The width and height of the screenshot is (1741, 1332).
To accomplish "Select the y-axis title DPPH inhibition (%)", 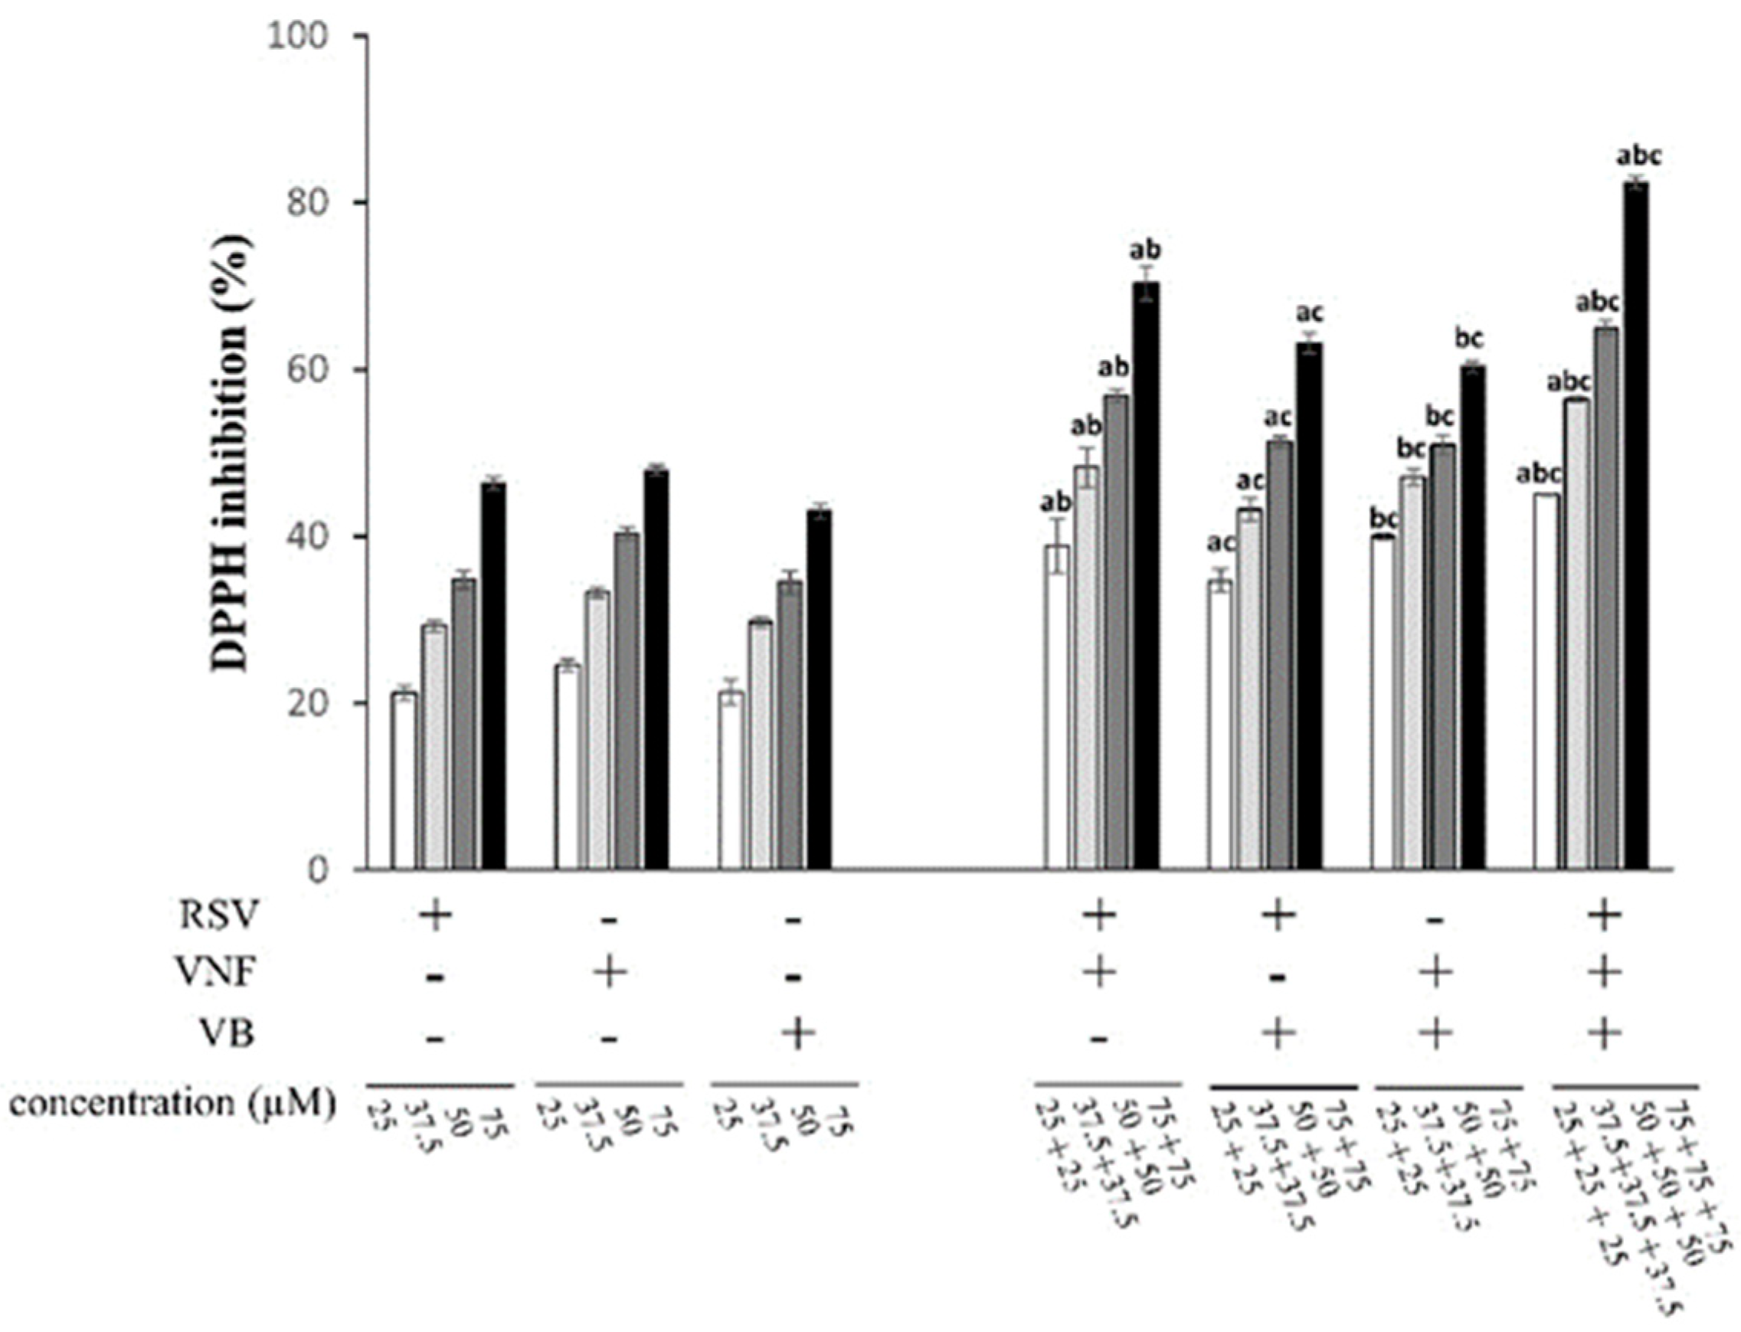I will click(231, 453).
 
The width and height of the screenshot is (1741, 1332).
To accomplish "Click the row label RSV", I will click(219, 916).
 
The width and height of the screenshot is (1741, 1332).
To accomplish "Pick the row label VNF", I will click(218, 972).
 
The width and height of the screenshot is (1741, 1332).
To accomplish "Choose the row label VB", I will click(227, 1033).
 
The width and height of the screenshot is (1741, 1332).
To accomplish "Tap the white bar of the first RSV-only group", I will click(404, 781).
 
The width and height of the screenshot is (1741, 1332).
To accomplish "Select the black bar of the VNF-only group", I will click(656, 670).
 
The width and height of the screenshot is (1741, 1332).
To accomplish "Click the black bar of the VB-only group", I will click(819, 690).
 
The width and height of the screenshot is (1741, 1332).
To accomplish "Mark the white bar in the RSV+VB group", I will click(1220, 725).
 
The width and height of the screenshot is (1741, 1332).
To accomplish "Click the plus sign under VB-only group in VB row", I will click(798, 1033).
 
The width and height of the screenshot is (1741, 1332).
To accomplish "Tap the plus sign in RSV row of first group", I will click(435, 916).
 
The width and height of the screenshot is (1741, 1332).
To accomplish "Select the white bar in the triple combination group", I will click(1545, 682).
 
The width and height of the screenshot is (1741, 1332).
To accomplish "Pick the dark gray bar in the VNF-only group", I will click(627, 701).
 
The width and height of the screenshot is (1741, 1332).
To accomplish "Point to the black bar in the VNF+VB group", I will click(1473, 617).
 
